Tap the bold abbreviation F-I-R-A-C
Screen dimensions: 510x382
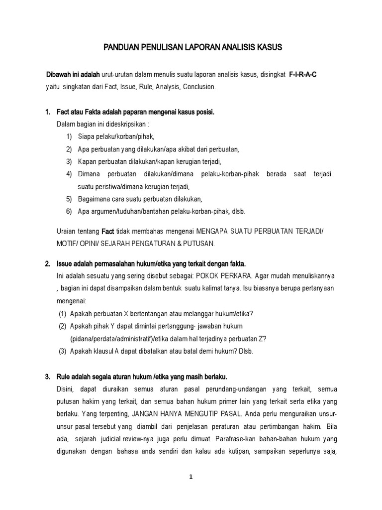coord(303,75)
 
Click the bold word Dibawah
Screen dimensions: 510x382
coord(60,75)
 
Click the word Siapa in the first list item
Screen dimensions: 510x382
coord(86,136)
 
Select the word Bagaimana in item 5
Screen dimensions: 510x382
coord(94,199)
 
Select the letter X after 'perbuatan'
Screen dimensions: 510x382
coord(126,313)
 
